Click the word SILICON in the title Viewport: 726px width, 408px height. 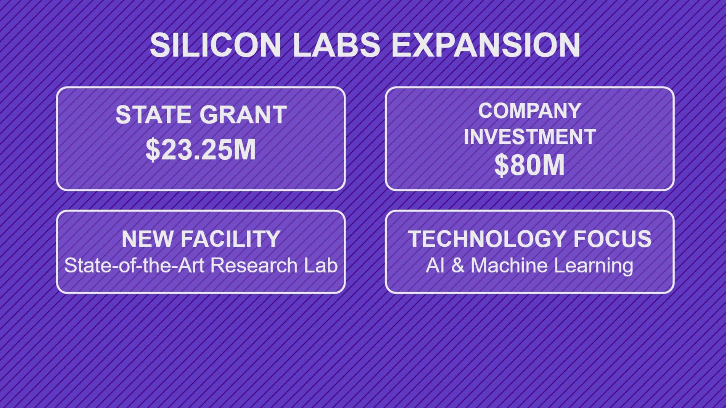tap(215, 45)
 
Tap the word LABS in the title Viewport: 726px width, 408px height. tap(336, 45)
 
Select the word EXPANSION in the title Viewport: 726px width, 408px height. tap(486, 45)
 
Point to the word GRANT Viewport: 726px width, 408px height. tap(243, 115)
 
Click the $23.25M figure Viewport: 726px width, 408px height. tap(201, 150)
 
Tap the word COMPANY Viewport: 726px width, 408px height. tap(529, 111)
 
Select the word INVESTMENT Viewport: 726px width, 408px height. tap(529, 136)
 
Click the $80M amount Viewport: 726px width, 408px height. tap(529, 165)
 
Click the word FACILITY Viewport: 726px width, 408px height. tap(230, 239)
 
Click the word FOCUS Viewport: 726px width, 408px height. tap(612, 239)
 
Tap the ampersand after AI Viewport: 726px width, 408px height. tap(458, 266)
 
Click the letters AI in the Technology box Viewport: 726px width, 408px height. tap(435, 266)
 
